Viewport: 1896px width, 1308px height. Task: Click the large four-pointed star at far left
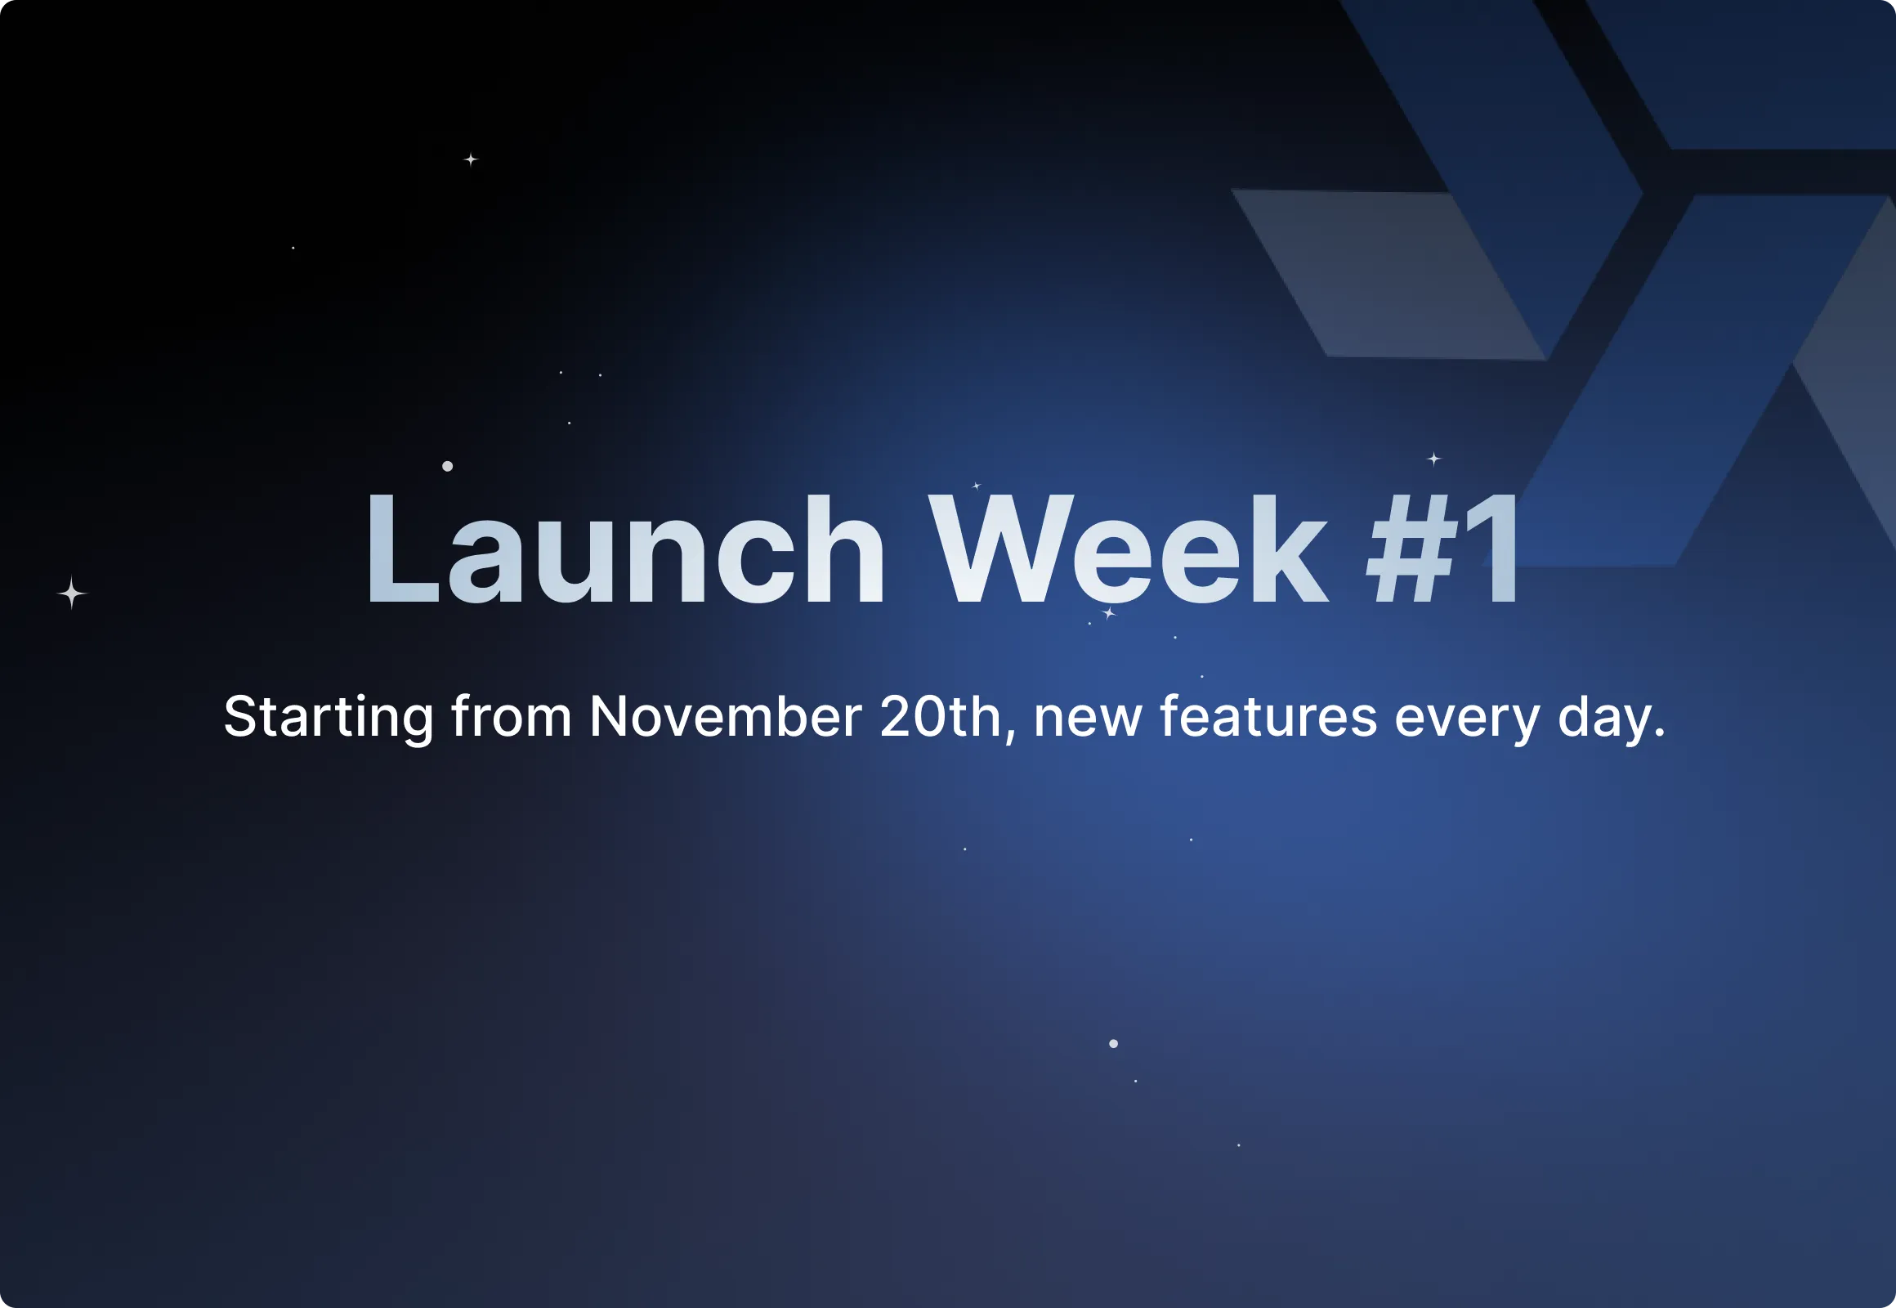click(72, 593)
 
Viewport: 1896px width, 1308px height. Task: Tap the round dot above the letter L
click(447, 466)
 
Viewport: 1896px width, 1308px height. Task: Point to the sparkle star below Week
click(1109, 613)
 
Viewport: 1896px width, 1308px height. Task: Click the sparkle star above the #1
click(1434, 459)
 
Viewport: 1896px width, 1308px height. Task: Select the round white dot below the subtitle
click(1114, 1043)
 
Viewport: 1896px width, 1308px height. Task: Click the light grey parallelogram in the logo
click(1384, 275)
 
